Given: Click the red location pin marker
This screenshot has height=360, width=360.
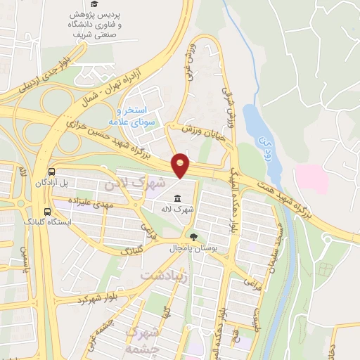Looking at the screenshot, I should pyautogui.click(x=181, y=165).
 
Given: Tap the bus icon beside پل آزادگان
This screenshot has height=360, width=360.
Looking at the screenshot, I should pyautogui.click(x=51, y=172).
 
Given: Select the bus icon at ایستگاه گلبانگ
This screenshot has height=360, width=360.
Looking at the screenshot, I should pyautogui.click(x=47, y=211).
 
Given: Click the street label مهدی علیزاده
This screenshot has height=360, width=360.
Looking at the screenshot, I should pyautogui.click(x=89, y=201).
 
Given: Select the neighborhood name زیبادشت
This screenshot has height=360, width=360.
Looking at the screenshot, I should pyautogui.click(x=166, y=276).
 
